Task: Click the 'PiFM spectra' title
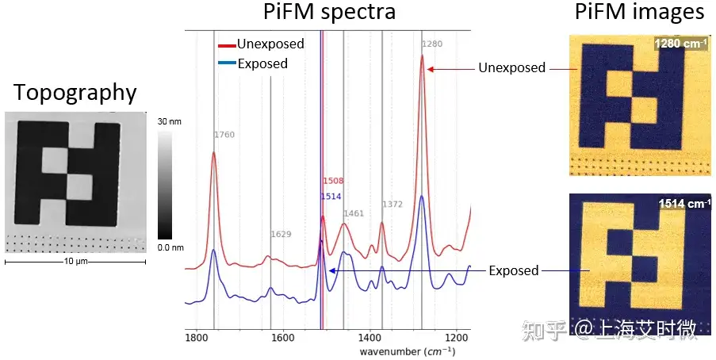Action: [330, 13]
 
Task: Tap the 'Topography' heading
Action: [75, 93]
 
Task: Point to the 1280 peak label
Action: [432, 44]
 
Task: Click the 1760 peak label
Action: [224, 136]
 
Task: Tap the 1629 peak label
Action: [281, 235]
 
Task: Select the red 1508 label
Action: [332, 182]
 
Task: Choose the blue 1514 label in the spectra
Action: [331, 197]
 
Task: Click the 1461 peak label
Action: [354, 213]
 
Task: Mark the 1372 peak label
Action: [392, 205]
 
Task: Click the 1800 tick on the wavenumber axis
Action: [196, 336]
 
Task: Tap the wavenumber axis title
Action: [407, 350]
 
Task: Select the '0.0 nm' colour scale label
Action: [170, 247]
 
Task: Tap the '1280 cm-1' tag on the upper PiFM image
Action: [681, 43]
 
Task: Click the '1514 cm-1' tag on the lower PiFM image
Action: [683, 204]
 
